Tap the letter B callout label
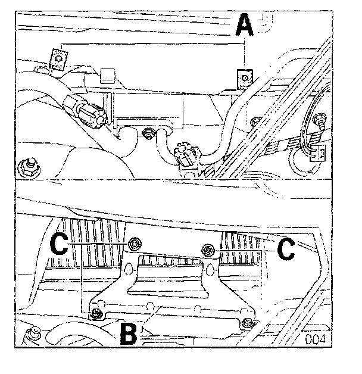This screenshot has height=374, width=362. tap(129, 333)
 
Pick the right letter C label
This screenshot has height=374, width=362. tap(286, 248)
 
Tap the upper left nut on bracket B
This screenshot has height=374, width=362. tap(135, 243)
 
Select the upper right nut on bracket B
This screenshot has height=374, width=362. tap(207, 249)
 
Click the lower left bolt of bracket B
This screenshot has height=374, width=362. tap(95, 314)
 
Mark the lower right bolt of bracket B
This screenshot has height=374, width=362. tap(247, 323)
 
